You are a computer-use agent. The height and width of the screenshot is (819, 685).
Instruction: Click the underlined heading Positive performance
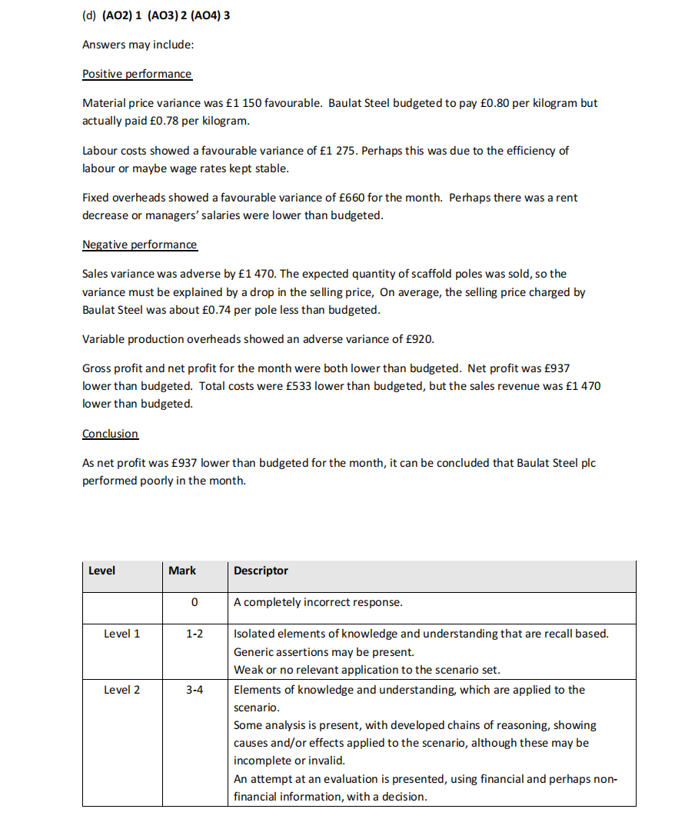point(137,74)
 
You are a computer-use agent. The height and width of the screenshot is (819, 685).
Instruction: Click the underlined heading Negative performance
point(139,245)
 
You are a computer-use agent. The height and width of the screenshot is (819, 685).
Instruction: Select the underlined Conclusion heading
point(110,434)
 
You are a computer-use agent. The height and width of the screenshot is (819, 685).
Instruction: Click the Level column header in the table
point(101,571)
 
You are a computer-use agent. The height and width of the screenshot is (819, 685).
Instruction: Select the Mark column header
point(182,571)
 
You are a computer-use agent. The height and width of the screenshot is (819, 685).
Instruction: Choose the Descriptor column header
point(261,571)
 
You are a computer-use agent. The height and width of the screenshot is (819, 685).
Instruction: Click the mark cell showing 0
point(195,602)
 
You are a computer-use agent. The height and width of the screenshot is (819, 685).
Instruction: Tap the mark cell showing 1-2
point(195,634)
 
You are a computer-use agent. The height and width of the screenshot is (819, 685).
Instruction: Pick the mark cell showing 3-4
point(195,690)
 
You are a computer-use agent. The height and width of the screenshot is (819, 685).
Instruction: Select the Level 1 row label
point(121,634)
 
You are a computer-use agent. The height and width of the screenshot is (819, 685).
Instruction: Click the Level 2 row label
point(121,690)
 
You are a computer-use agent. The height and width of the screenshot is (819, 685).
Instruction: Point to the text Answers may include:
point(138,45)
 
